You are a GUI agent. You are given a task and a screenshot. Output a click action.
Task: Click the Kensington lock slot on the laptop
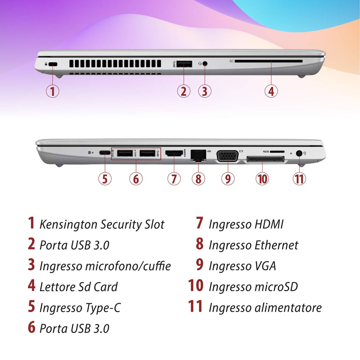53,64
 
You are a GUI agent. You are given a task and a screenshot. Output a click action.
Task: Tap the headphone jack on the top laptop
205,63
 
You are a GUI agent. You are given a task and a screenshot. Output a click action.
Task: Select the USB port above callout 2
184,64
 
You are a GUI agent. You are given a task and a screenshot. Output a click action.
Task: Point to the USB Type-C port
105,153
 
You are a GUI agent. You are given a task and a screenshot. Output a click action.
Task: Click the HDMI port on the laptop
174,153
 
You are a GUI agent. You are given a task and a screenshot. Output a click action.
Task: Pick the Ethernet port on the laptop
198,155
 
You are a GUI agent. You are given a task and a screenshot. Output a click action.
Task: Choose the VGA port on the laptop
227,156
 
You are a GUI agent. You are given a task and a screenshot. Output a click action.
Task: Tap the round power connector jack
299,154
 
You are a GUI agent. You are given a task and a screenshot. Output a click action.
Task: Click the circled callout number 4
271,91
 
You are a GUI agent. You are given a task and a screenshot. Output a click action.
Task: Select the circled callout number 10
262,179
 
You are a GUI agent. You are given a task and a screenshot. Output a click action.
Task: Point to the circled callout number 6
136,179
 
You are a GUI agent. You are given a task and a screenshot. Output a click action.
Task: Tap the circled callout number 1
52,91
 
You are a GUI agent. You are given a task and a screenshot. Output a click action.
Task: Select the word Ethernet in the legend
276,245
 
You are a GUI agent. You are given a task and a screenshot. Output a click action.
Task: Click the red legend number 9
200,265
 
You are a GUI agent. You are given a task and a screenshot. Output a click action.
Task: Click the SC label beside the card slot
232,61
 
